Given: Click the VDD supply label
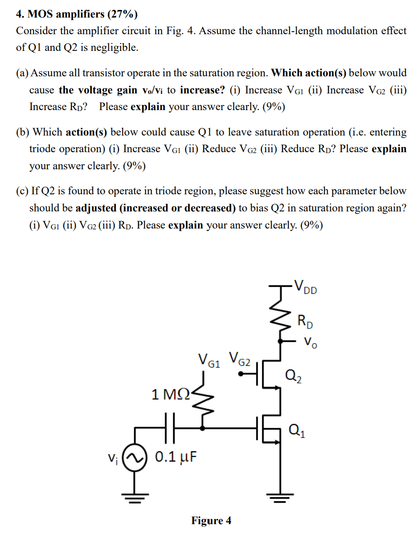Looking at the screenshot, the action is coord(307,286).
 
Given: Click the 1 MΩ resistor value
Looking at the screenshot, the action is coord(171,394).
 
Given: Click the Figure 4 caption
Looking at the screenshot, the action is coord(211,521).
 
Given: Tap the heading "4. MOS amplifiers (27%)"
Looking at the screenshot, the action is coord(76,14).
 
